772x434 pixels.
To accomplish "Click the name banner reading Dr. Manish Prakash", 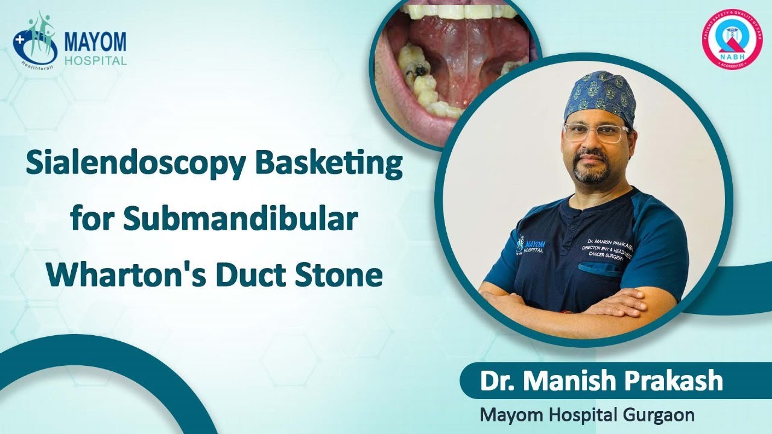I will point(601,381).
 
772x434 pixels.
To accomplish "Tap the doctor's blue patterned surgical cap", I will point(600,96).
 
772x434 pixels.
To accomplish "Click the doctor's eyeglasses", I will point(595,133).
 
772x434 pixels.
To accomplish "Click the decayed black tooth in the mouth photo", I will point(416,70).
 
